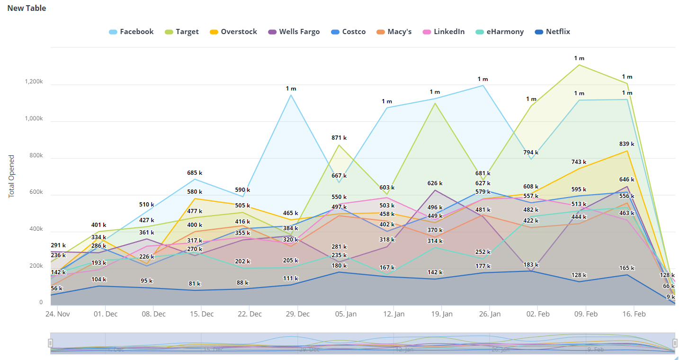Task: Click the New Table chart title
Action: (x=27, y=8)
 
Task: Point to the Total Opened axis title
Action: (x=12, y=176)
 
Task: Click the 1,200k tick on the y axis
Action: (x=34, y=82)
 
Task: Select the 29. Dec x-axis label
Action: (x=298, y=314)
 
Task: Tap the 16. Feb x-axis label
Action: (x=634, y=314)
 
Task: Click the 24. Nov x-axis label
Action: (x=57, y=314)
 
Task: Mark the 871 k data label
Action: (x=339, y=138)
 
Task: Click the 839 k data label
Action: (x=626, y=144)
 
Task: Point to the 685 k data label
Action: (x=195, y=173)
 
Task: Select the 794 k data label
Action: (x=531, y=153)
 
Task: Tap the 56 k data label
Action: (x=57, y=288)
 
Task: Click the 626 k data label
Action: (x=435, y=183)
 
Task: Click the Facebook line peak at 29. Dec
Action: (x=291, y=95)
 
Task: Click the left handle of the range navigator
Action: (x=51, y=343)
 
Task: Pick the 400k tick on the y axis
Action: (x=35, y=229)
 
